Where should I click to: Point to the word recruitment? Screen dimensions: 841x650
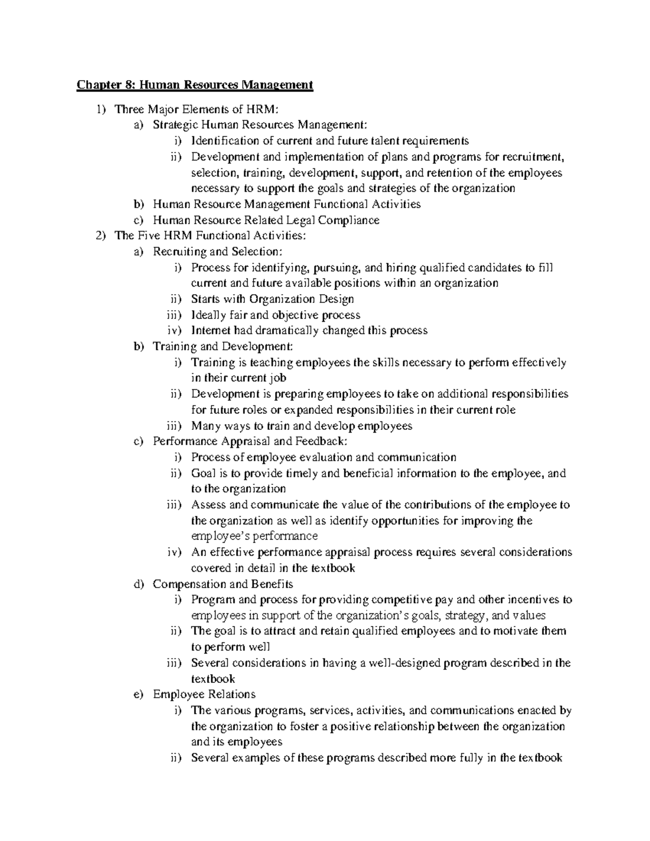(533, 157)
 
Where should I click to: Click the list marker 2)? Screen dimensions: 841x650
(100, 236)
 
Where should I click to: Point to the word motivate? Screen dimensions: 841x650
(506, 631)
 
